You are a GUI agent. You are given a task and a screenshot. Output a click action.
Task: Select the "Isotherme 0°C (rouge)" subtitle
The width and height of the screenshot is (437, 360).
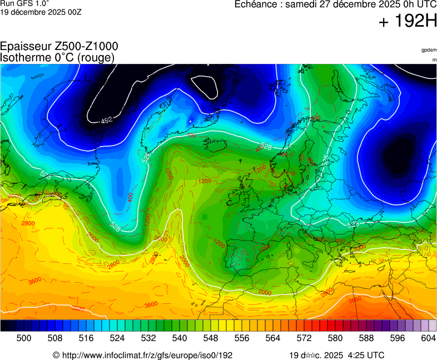[x=57, y=58]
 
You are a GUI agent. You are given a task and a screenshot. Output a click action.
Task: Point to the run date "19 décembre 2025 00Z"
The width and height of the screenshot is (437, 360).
[x=41, y=12]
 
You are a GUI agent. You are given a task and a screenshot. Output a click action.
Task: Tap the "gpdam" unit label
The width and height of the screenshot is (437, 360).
[x=429, y=50]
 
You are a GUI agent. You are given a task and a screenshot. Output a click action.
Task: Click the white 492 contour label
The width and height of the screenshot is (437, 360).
[x=106, y=120]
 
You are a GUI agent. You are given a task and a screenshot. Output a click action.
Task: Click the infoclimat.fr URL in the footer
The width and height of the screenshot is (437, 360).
[x=146, y=355]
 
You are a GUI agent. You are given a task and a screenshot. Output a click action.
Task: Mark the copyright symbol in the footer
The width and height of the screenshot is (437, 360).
[x=56, y=355]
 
